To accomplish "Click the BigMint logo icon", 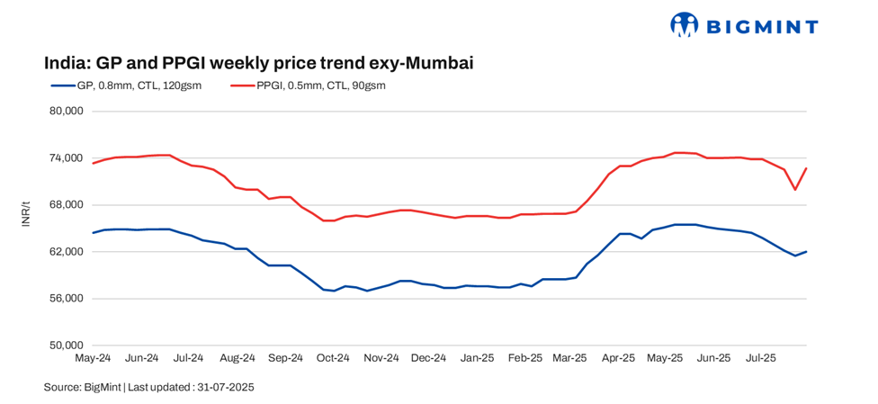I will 685,25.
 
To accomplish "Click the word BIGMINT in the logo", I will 761,26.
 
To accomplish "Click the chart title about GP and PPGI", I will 259,63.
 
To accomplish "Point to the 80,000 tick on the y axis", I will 65,112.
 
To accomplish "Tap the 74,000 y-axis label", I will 65,158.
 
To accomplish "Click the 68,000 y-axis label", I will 65,205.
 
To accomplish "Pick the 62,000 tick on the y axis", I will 65,252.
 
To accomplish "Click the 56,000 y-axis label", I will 65,299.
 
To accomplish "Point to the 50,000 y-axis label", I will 65,346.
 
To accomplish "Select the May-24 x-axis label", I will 93,358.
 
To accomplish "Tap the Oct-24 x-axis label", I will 332,358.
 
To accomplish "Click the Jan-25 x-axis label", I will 476,358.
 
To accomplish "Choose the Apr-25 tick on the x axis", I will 618,358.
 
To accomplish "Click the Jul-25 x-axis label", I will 761,358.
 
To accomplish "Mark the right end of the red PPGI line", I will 806,168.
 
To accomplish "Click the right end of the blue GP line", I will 806,251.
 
